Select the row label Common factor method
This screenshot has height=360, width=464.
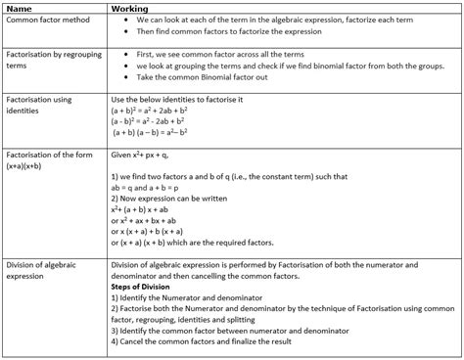coord(47,20)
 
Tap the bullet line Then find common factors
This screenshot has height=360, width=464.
coord(229,30)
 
